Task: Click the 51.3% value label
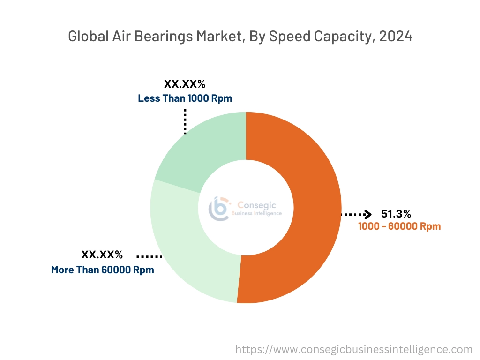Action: [396, 214]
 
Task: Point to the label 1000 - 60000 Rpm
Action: [399, 226]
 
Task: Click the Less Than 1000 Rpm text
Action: [185, 98]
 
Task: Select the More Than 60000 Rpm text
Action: [102, 270]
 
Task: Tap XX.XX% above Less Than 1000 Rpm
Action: [185, 84]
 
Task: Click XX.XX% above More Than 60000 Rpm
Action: [102, 255]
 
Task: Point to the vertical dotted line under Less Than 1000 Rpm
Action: [185, 121]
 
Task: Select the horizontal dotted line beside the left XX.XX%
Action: [149, 256]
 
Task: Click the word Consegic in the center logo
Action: [257, 205]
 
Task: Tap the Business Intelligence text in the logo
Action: [257, 213]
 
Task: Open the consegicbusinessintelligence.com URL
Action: [353, 349]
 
